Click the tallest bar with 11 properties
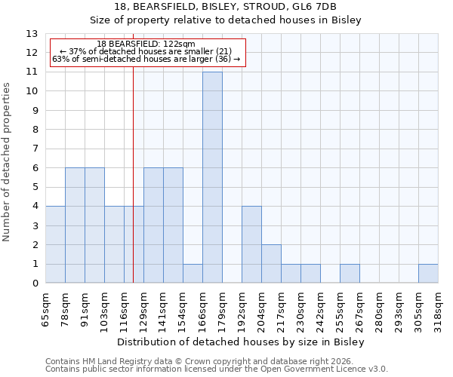(212, 177)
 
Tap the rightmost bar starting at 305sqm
(428, 274)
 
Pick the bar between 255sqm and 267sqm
(350, 274)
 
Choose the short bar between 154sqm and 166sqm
(193, 274)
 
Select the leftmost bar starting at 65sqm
(55, 245)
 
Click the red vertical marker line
(133, 188)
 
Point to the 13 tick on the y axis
(32, 34)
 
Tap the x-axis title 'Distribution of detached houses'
(242, 342)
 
